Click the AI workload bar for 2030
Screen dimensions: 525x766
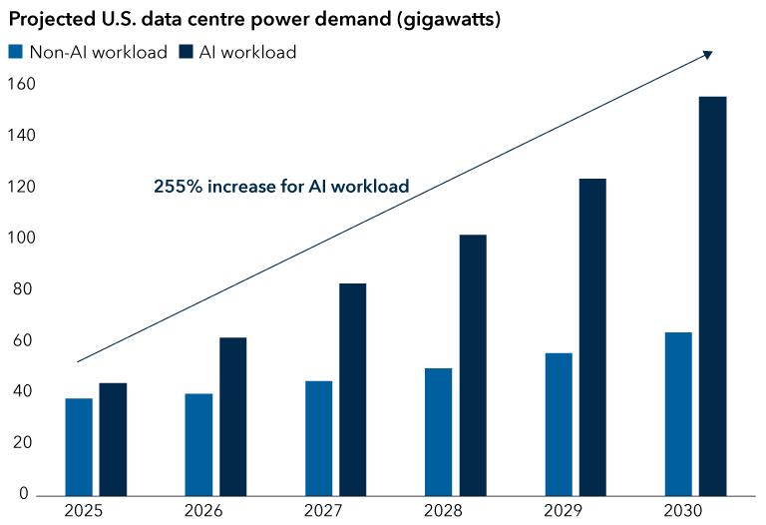(x=712, y=295)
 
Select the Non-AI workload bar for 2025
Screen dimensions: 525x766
(x=79, y=446)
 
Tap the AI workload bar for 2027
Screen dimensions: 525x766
(x=352, y=389)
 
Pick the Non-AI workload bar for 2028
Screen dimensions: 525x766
(x=438, y=431)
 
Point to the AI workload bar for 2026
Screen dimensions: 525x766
(x=232, y=416)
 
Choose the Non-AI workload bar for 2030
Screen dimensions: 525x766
(x=678, y=413)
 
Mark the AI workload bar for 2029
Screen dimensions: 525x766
(x=591, y=336)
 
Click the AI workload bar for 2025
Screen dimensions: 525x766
(x=113, y=439)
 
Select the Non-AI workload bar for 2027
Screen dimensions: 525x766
(x=318, y=438)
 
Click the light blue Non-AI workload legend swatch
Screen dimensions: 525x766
(x=15, y=53)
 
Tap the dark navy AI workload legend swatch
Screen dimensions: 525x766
(x=187, y=53)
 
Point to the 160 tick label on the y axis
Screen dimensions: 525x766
(x=20, y=85)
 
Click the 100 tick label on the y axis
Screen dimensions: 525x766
(x=20, y=239)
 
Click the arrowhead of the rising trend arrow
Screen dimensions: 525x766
(x=708, y=54)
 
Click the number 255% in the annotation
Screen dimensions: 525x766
(x=176, y=186)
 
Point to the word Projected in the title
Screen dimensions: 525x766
(x=47, y=19)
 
